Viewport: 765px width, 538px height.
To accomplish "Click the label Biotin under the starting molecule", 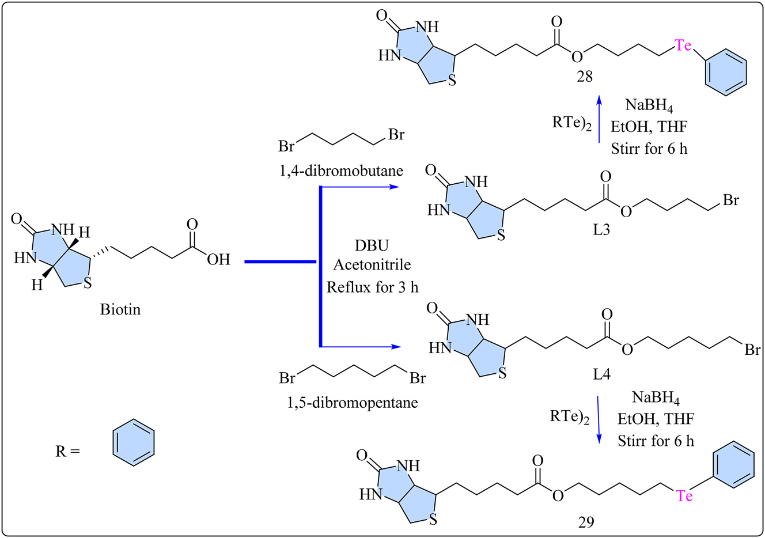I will pos(120,309).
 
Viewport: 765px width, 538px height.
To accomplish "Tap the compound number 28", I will pos(585,77).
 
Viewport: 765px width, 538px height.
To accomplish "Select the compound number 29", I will pos(586,522).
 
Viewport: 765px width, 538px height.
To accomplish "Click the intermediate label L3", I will pos(601,230).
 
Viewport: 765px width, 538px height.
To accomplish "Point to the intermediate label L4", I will pos(602,374).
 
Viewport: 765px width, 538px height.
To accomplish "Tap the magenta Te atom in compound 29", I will pos(684,495).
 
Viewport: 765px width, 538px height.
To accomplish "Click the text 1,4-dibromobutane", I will pos(341,171).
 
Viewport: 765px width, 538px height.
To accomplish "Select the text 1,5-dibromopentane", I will pos(353,402).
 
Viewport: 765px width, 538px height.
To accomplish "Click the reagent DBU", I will pos(372,245).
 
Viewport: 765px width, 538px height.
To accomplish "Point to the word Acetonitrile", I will pos(372,265).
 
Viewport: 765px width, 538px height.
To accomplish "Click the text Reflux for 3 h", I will pos(372,286).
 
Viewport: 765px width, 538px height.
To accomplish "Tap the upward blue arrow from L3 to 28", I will pos(599,119).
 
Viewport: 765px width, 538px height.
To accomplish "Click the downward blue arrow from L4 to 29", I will pos(599,419).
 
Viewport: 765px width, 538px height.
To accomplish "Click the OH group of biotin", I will pos(218,260).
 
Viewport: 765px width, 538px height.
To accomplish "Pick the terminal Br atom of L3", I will pos(730,200).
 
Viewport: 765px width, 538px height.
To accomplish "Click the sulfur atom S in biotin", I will pos(87,283).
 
